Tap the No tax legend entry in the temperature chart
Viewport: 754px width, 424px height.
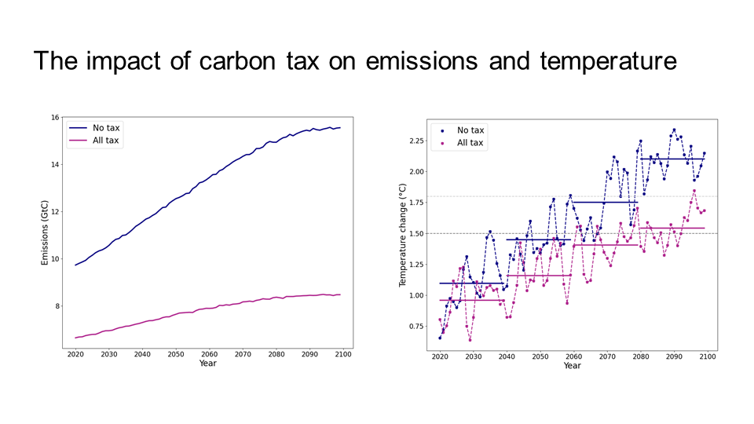[x=470, y=130]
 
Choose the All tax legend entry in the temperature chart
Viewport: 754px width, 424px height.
[x=470, y=143]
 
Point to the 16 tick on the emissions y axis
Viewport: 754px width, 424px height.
[x=55, y=118]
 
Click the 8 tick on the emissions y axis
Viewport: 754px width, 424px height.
[x=57, y=306]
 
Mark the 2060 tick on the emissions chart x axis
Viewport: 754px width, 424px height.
[x=208, y=354]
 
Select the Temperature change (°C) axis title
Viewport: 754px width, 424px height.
[x=402, y=234]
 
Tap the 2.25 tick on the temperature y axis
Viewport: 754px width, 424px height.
[x=415, y=141]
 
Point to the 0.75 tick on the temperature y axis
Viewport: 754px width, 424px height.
[x=415, y=326]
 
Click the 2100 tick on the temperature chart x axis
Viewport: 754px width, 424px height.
[x=707, y=356]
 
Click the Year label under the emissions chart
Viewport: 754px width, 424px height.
[x=208, y=364]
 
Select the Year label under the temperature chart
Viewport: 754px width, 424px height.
[x=573, y=366]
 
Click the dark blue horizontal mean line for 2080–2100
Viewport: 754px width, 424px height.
[x=672, y=159]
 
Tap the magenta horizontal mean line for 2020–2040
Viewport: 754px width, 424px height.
[x=471, y=300]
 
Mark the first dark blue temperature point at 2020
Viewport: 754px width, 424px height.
[x=440, y=338]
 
